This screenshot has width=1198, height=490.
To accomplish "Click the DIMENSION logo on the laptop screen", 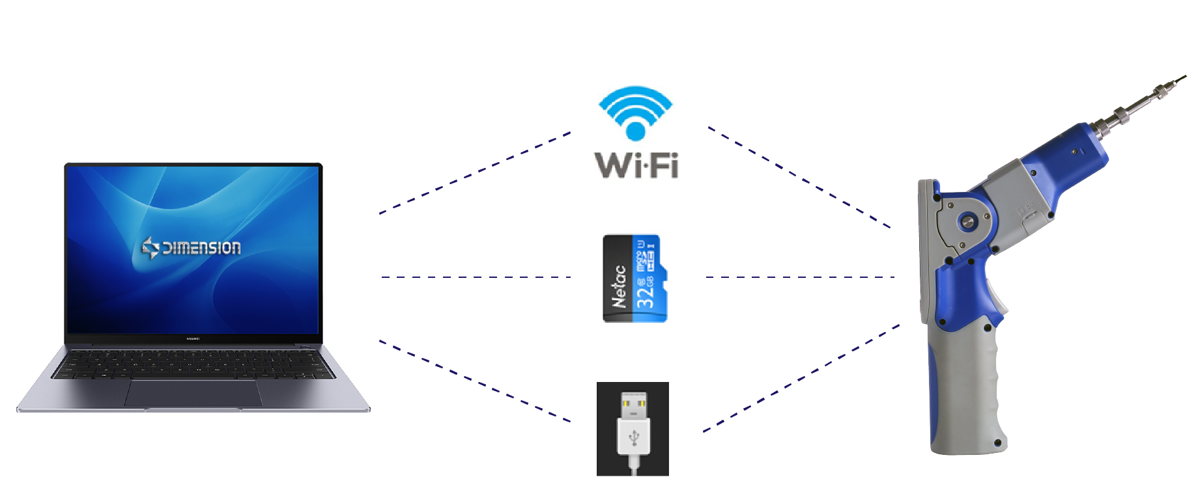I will (x=192, y=247).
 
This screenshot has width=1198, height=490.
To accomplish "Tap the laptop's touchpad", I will (x=193, y=393).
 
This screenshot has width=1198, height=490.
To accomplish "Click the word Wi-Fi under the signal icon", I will (x=636, y=165).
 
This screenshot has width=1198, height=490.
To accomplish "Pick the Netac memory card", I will (x=635, y=279).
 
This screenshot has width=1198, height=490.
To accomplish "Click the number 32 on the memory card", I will (x=644, y=293).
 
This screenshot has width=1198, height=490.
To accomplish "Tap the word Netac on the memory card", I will (x=619, y=286).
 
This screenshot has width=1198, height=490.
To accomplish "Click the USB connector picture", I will (x=633, y=429).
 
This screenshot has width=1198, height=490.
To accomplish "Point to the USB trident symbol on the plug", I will (x=634, y=438).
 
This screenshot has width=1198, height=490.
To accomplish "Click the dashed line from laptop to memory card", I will (x=476, y=277).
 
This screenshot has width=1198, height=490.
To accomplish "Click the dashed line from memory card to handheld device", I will (x=800, y=277).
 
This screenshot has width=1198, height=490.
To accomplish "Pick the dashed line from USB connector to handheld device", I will (x=801, y=378).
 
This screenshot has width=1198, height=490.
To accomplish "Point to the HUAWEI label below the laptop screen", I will (x=193, y=338).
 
